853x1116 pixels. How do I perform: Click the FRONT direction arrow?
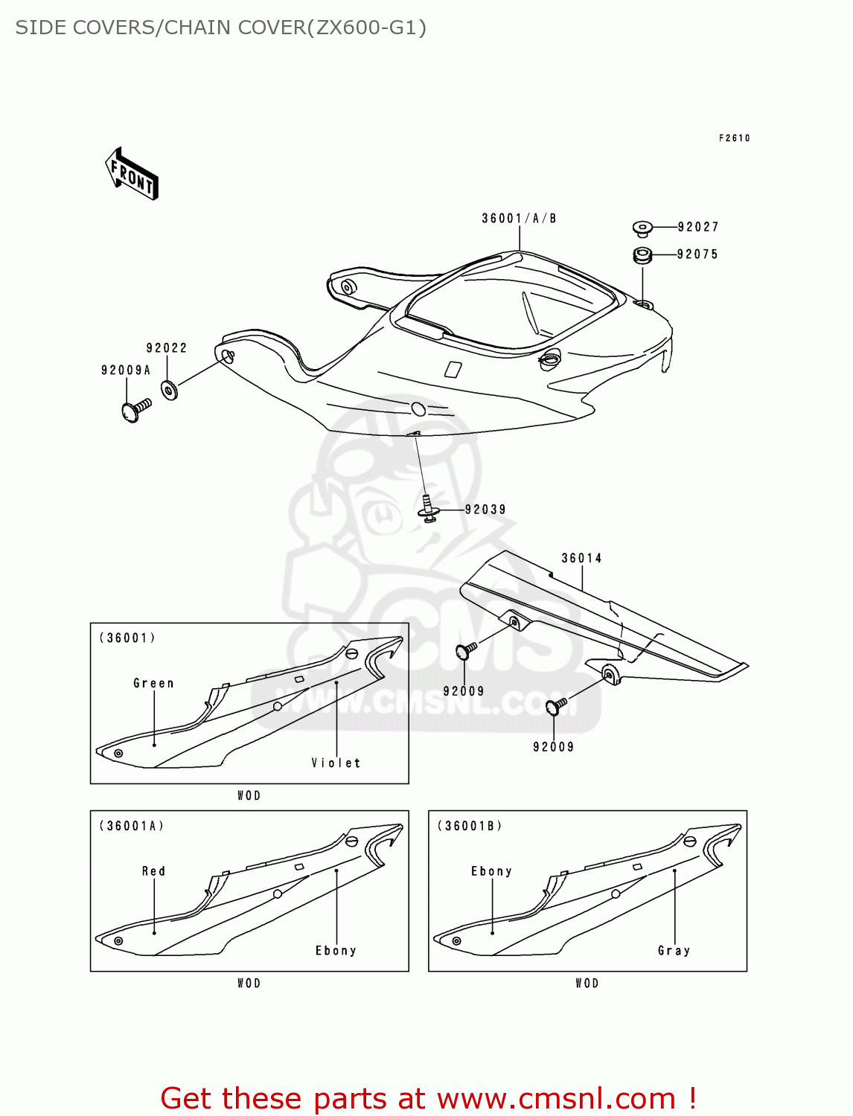click(132, 174)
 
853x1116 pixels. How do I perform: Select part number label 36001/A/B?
click(519, 218)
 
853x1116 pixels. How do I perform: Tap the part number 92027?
click(697, 227)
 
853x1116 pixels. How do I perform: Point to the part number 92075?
click(697, 254)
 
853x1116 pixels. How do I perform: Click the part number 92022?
click(167, 348)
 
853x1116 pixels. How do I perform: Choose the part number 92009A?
click(126, 371)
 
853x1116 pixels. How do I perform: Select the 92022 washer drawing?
click(170, 390)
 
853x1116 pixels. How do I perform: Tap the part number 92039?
click(485, 510)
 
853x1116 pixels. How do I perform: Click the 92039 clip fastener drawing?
click(428, 510)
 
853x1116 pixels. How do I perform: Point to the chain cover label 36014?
click(581, 558)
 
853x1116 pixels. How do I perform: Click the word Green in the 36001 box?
click(153, 683)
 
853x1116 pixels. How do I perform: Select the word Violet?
click(336, 763)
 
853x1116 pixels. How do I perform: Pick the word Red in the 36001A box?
click(153, 871)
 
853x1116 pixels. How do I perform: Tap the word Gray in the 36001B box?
click(674, 950)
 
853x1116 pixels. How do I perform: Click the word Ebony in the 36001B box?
click(491, 871)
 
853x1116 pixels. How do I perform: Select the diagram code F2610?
click(734, 138)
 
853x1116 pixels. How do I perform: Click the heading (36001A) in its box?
click(132, 826)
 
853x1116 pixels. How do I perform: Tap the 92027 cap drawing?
click(642, 227)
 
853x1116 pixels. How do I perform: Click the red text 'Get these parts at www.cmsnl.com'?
click(428, 1098)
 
